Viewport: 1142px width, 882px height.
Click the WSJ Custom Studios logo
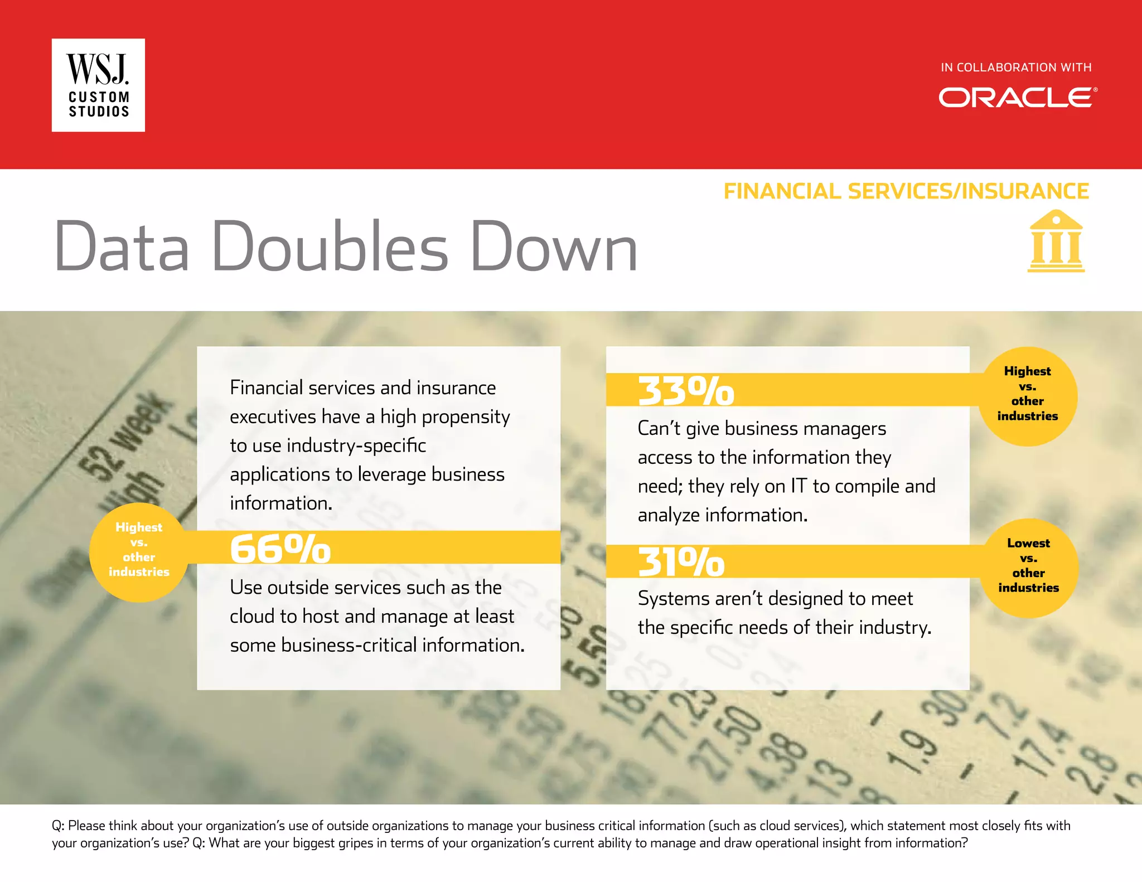[98, 85]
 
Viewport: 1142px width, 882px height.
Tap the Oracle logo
[1017, 98]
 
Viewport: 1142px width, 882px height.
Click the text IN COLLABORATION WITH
[1015, 67]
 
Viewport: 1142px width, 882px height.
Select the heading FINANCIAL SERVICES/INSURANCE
[906, 191]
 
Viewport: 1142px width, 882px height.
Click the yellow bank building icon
[1056, 241]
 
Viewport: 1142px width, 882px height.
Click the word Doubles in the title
[330, 246]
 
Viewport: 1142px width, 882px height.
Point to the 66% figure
[280, 549]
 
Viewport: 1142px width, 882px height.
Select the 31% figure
[681, 562]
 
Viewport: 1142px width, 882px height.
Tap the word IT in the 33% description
[799, 486]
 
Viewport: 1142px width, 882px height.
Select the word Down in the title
[554, 246]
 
